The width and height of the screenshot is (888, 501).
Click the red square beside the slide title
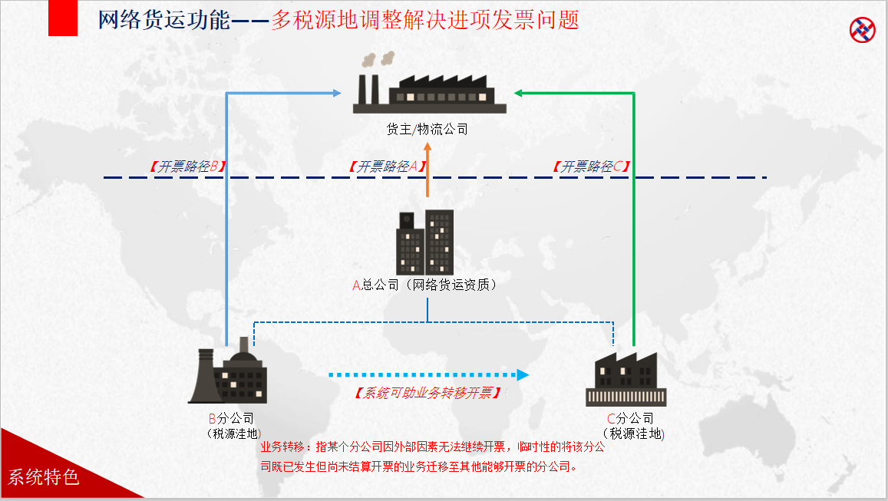[x=63, y=18]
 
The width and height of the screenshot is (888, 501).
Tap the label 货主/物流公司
[x=427, y=129]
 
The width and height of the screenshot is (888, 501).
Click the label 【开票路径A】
[x=386, y=166]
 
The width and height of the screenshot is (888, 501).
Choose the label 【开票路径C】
[x=592, y=166]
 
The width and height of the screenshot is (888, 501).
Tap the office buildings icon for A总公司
[x=424, y=242]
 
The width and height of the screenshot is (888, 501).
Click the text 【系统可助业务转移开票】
[x=428, y=393]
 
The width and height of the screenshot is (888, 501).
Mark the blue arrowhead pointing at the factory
[x=337, y=94]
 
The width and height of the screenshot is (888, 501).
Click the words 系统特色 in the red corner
[x=44, y=477]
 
